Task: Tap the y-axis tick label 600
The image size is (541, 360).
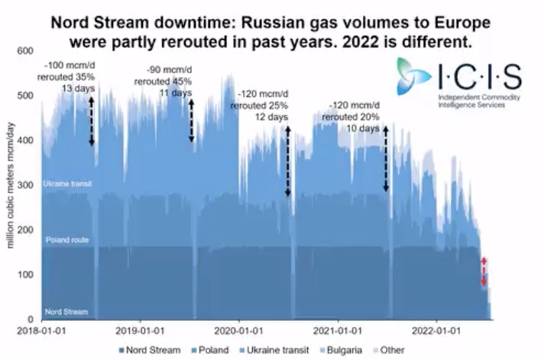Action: click(x=26, y=50)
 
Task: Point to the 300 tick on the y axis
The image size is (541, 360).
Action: click(x=26, y=185)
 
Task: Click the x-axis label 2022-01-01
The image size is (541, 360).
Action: click(x=436, y=331)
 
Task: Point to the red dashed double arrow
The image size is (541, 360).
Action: click(x=483, y=272)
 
